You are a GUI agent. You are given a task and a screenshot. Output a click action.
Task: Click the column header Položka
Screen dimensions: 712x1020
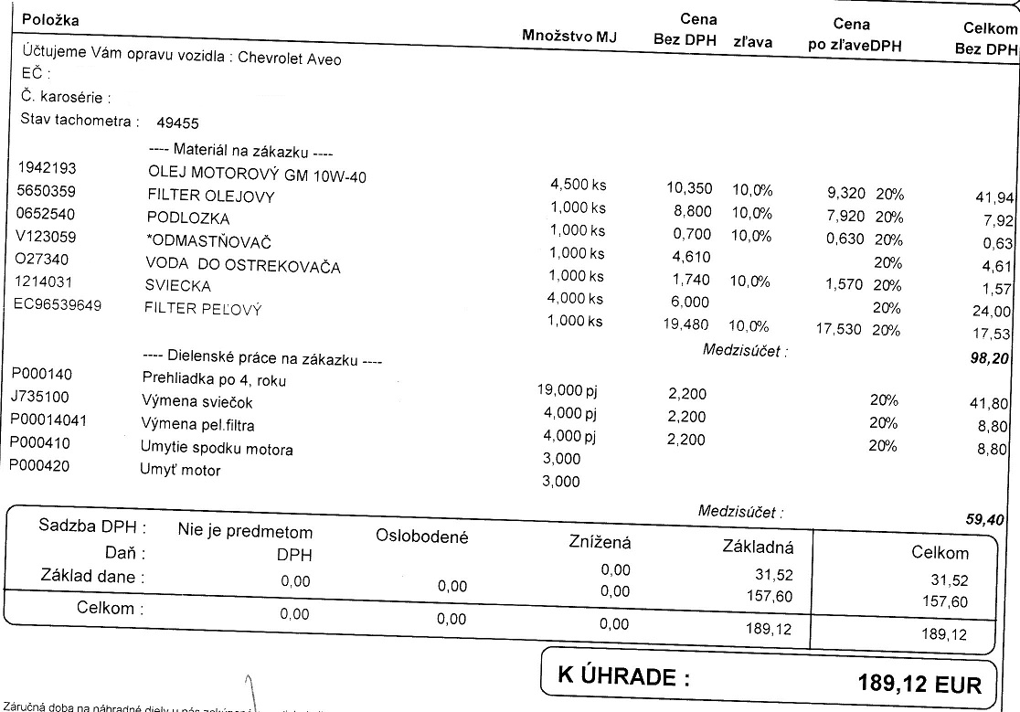pyautogui.click(x=50, y=20)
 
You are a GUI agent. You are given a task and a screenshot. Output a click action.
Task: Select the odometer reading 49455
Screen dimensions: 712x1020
pyautogui.click(x=178, y=123)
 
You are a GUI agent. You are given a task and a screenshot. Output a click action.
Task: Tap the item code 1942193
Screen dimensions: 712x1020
pyautogui.click(x=47, y=169)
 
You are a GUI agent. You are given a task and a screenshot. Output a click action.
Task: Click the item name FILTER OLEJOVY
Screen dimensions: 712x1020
pyautogui.click(x=210, y=197)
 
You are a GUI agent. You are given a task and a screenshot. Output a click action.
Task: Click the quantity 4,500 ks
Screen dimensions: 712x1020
pyautogui.click(x=578, y=186)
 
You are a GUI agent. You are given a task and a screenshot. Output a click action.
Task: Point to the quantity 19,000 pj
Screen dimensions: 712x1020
pyautogui.click(x=569, y=390)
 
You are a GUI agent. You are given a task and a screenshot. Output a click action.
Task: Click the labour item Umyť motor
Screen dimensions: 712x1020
pyautogui.click(x=180, y=471)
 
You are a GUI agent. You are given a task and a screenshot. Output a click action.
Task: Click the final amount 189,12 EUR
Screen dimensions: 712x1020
pyautogui.click(x=919, y=684)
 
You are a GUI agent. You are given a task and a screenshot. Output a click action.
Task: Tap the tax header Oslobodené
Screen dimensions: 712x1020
pyautogui.click(x=421, y=537)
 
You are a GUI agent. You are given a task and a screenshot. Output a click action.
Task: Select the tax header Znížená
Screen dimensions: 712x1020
pyautogui.click(x=600, y=543)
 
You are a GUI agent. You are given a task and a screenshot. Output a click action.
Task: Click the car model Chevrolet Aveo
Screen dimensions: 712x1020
pyautogui.click(x=290, y=58)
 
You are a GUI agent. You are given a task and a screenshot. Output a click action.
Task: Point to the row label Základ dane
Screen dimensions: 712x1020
pyautogui.click(x=93, y=577)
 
